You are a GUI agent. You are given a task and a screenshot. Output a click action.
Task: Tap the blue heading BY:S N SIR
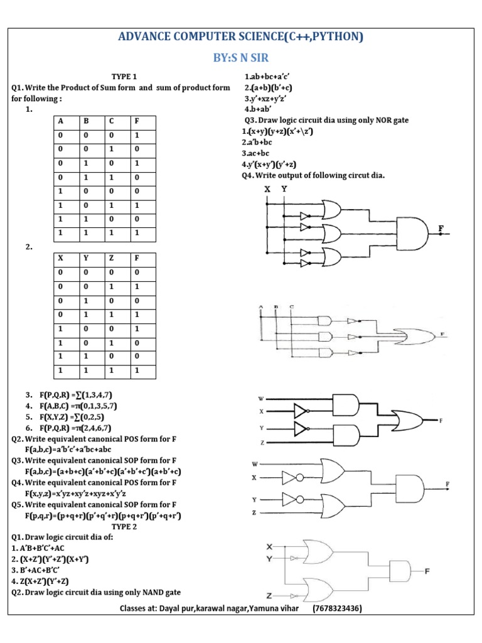point(241,58)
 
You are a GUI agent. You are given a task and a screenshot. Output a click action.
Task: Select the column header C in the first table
point(111,121)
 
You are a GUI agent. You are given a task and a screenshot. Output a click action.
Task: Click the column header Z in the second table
point(111,257)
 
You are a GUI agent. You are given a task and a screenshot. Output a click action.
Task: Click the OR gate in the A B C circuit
point(410,335)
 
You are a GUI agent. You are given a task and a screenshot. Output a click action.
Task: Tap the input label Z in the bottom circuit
point(269,595)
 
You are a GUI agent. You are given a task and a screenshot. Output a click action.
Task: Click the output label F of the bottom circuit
point(427,571)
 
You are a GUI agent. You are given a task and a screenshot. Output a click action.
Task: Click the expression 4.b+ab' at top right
point(257,109)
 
